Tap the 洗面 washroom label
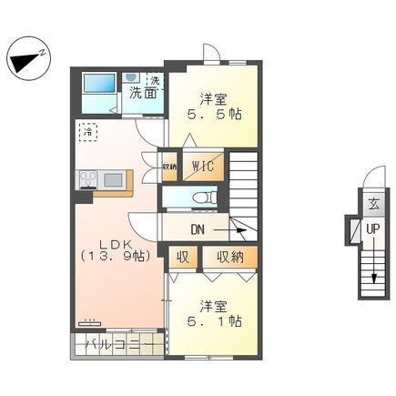tap(140, 92)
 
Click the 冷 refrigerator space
tap(87, 133)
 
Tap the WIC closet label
tap(202, 167)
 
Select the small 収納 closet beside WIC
tap(169, 167)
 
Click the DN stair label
tap(199, 228)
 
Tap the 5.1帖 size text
tap(213, 320)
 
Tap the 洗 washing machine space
tap(154, 80)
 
